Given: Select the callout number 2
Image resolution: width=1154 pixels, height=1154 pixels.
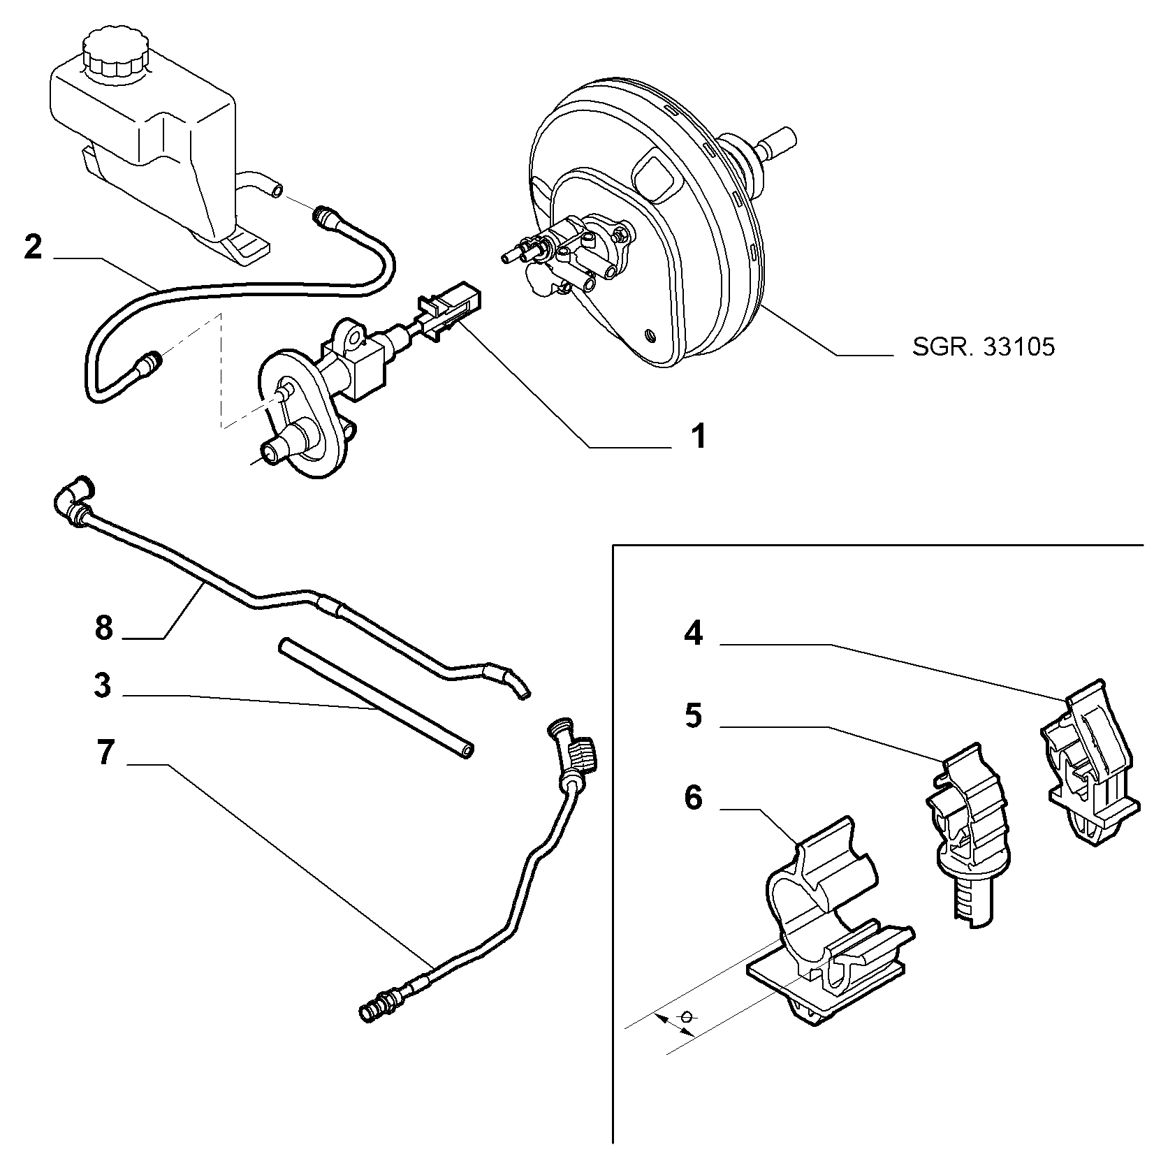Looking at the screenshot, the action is pyautogui.click(x=33, y=248).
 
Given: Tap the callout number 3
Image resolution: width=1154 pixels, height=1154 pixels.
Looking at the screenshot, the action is pyautogui.click(x=103, y=686).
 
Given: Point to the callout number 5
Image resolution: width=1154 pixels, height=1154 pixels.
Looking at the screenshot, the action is pyautogui.click(x=693, y=717).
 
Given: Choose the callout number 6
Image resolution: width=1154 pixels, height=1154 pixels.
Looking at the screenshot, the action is pyautogui.click(x=693, y=798).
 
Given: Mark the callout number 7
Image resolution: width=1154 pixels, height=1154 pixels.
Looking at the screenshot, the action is pyautogui.click(x=104, y=754).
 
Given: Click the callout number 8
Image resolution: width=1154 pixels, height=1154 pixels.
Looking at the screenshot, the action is pyautogui.click(x=103, y=628).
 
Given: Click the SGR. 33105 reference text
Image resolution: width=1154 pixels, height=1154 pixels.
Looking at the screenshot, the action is pyautogui.click(x=984, y=347).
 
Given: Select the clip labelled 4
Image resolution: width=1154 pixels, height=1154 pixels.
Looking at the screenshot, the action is pyautogui.click(x=1093, y=763).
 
